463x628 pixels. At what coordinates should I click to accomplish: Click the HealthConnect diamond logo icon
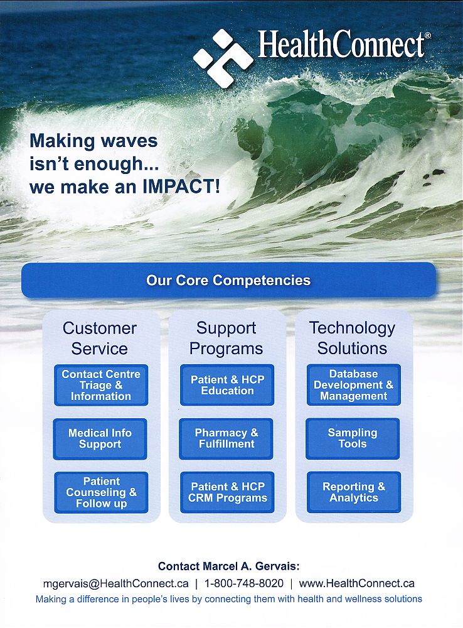pyautogui.click(x=223, y=58)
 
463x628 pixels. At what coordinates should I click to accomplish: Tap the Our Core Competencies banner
pyautogui.click(x=228, y=280)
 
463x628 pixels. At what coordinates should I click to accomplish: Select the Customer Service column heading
pyautogui.click(x=100, y=338)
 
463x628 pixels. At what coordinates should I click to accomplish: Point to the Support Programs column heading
pyautogui.click(x=226, y=338)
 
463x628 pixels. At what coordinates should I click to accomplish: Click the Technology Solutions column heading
pyautogui.click(x=352, y=338)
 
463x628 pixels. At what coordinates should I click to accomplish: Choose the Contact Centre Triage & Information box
pyautogui.click(x=101, y=385)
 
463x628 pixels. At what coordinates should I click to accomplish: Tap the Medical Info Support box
pyautogui.click(x=100, y=438)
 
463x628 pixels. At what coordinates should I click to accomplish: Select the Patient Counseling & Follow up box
pyautogui.click(x=101, y=492)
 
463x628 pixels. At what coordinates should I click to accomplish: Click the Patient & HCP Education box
pyautogui.click(x=227, y=385)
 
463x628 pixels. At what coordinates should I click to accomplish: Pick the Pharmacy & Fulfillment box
pyautogui.click(x=226, y=438)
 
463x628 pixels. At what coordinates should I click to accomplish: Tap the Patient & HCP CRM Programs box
pyautogui.click(x=227, y=492)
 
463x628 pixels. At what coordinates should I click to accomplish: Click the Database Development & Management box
pyautogui.click(x=354, y=385)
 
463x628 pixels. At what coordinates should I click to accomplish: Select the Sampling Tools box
pyautogui.click(x=353, y=438)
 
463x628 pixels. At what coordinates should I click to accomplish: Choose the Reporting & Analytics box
pyautogui.click(x=354, y=492)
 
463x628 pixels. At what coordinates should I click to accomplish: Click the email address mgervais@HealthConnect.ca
pyautogui.click(x=116, y=583)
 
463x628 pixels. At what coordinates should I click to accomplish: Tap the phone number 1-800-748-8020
pyautogui.click(x=243, y=583)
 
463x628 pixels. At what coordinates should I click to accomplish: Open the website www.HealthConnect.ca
pyautogui.click(x=356, y=583)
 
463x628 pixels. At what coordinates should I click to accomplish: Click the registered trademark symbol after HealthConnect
pyautogui.click(x=428, y=36)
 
